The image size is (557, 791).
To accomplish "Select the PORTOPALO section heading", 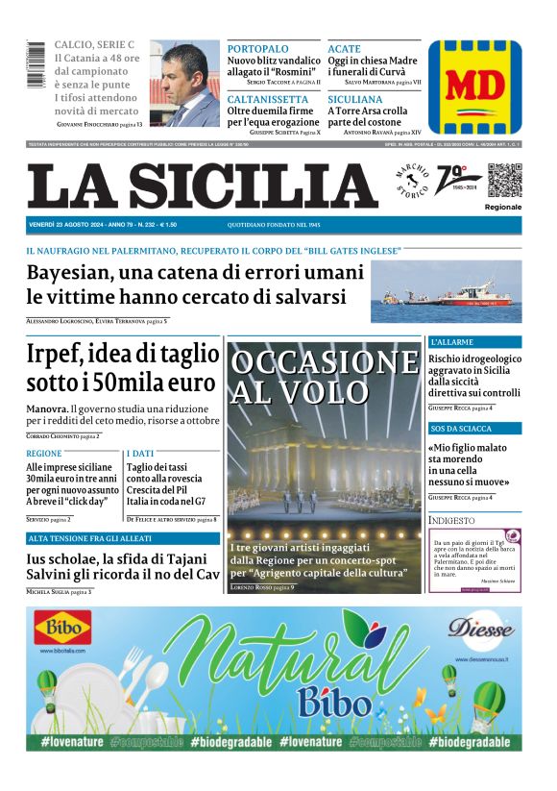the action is [x=257, y=49].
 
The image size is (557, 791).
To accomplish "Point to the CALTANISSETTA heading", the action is [x=268, y=99].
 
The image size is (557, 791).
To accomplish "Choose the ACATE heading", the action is [x=344, y=49].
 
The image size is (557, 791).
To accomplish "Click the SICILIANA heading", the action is [x=355, y=99].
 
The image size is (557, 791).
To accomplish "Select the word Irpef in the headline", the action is [x=59, y=356].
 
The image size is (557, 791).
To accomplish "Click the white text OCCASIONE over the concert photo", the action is [x=325, y=362].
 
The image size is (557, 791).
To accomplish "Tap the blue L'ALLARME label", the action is [x=451, y=342].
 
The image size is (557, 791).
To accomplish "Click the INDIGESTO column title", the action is [x=452, y=520].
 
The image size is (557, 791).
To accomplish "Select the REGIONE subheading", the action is [x=44, y=452].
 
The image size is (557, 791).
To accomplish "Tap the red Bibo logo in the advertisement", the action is [x=63, y=630].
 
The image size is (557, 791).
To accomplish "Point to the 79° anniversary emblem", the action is [x=452, y=179].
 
